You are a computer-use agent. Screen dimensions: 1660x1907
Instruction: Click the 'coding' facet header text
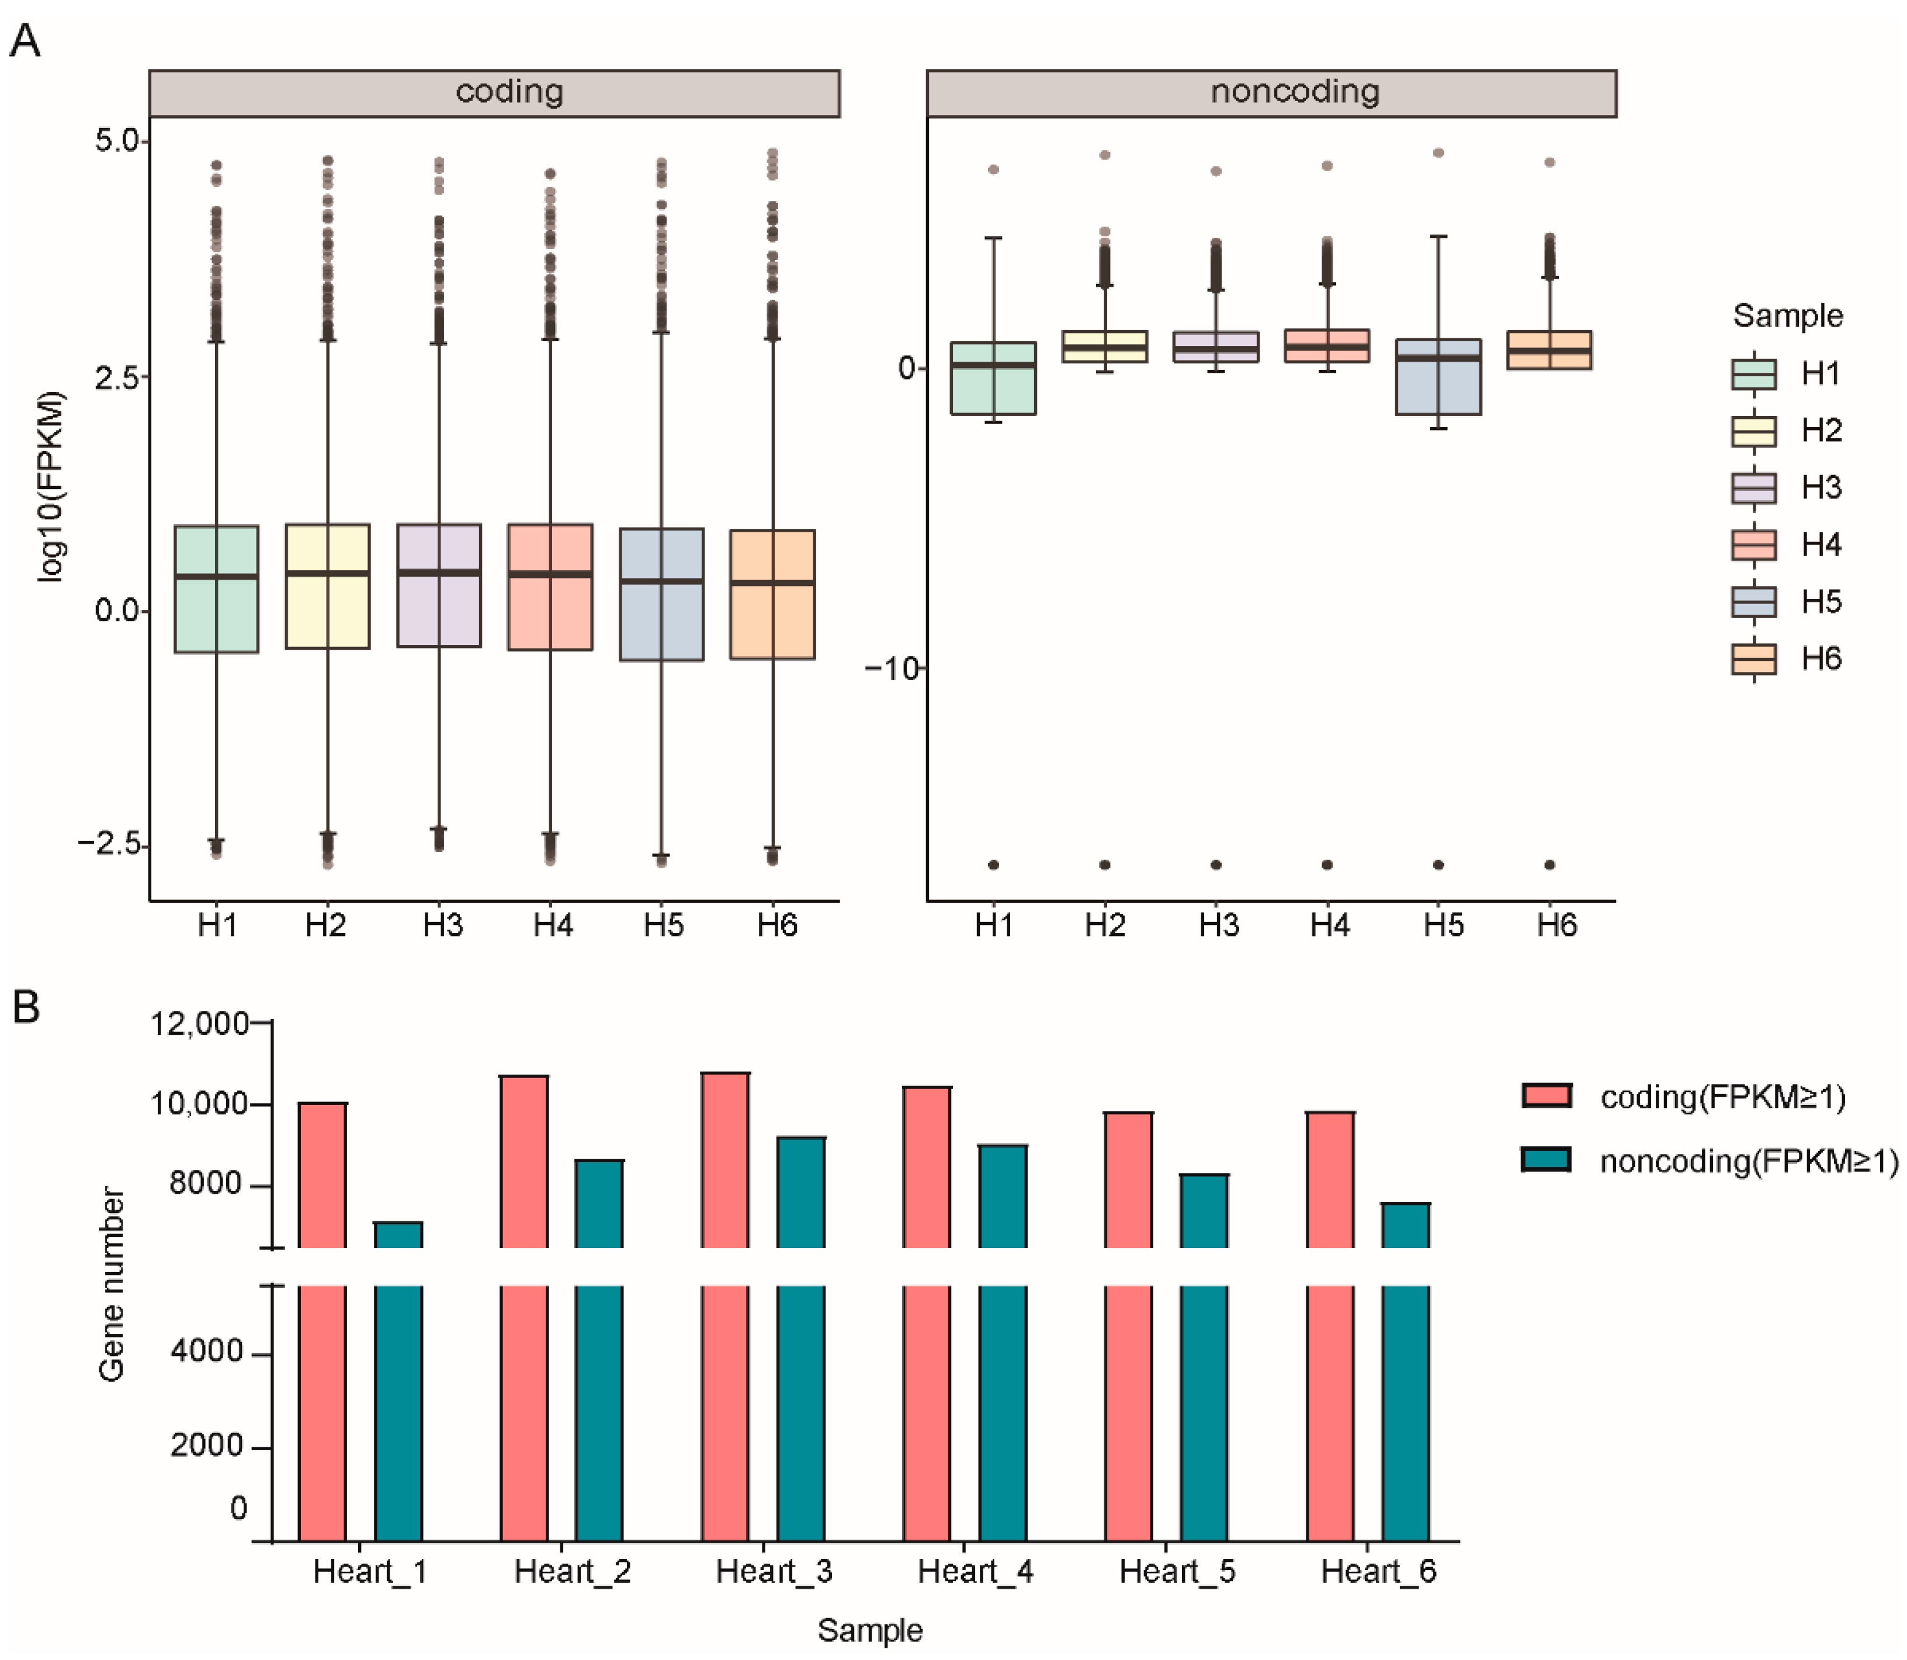coord(509,92)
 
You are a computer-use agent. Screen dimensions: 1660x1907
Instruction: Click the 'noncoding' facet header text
coord(1294,92)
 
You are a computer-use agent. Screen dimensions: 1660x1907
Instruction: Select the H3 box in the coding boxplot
coord(439,585)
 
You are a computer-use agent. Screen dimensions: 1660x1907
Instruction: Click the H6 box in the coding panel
coord(772,595)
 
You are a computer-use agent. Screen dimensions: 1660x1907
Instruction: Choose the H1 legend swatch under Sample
coord(1753,374)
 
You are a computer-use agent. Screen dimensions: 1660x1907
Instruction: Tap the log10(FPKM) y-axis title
coord(52,486)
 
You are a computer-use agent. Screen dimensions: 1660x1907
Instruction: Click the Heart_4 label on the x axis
coord(975,1572)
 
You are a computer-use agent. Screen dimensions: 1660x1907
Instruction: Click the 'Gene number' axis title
coord(111,1286)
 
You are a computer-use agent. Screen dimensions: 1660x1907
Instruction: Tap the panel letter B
coord(26,1007)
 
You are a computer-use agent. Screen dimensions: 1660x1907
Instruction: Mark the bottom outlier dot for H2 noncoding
coord(1105,865)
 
